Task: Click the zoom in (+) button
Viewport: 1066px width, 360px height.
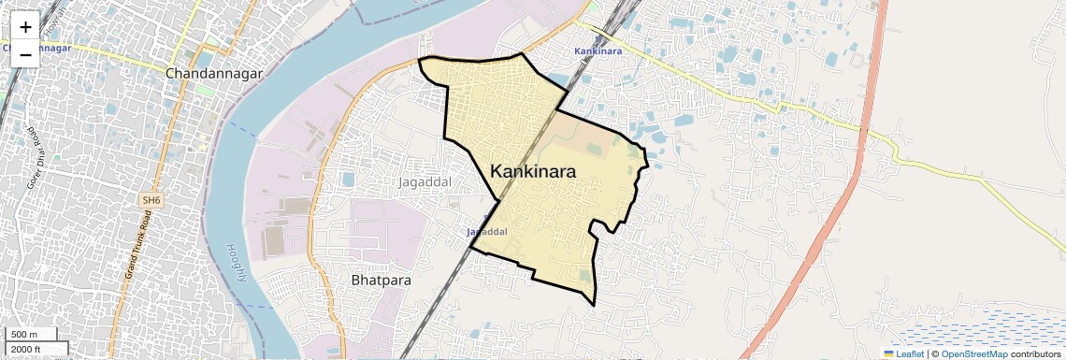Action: click(25, 27)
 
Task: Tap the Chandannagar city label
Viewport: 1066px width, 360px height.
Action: click(213, 72)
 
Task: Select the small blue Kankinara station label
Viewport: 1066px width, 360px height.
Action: click(598, 50)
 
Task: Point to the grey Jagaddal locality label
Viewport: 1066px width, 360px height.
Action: click(425, 180)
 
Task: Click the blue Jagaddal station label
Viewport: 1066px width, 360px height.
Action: click(486, 231)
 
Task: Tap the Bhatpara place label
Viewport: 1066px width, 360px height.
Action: click(381, 280)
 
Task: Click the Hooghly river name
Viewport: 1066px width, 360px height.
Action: click(237, 263)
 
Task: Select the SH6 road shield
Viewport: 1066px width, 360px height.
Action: click(150, 200)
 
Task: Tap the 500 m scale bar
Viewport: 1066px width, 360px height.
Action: click(30, 335)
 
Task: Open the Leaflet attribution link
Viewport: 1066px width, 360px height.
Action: click(903, 353)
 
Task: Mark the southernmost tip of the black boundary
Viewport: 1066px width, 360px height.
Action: click(595, 305)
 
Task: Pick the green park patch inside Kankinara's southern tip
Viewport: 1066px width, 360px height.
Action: click(585, 276)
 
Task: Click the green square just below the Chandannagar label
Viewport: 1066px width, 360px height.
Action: click(205, 91)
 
